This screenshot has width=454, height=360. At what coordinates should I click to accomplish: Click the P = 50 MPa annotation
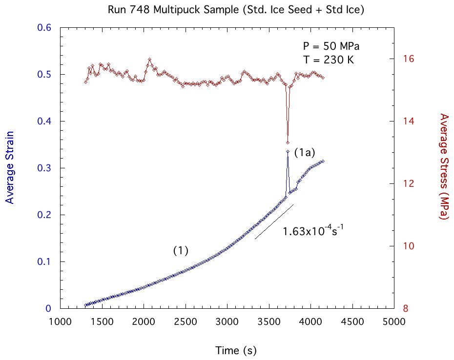click(x=331, y=47)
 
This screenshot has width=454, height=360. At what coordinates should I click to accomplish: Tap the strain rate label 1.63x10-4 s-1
click(x=313, y=231)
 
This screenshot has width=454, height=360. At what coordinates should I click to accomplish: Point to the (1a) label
click(x=305, y=153)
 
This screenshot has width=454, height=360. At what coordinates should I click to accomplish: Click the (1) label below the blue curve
click(x=181, y=250)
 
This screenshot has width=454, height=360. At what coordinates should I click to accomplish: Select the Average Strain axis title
click(x=9, y=167)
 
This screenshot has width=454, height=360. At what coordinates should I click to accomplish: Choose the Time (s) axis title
click(x=236, y=350)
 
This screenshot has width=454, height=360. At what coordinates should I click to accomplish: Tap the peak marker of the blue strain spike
click(x=288, y=152)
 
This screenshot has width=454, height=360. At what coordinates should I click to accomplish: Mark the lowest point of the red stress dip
click(x=288, y=142)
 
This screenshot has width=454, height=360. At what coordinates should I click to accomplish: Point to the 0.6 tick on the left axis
click(x=45, y=28)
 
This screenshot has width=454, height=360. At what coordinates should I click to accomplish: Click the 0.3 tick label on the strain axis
click(x=45, y=168)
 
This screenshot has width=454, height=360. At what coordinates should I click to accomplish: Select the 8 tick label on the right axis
click(x=406, y=309)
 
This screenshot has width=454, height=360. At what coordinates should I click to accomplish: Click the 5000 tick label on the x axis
click(x=393, y=322)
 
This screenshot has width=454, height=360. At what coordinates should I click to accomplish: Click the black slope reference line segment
click(x=274, y=222)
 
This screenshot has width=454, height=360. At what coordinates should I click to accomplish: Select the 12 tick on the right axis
click(x=409, y=184)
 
